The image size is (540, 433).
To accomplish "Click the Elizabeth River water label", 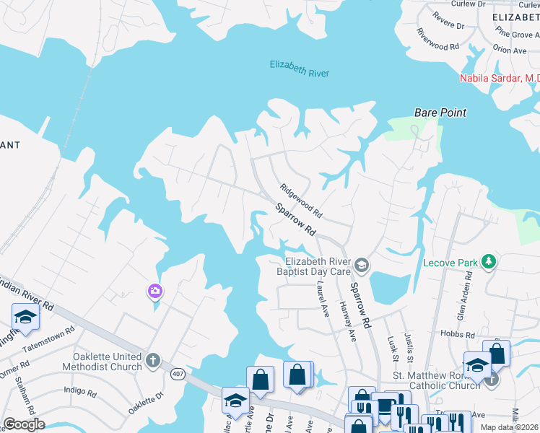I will (300, 69).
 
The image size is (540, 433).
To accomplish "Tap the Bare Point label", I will (440, 113).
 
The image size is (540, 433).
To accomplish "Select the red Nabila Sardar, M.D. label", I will (500, 78).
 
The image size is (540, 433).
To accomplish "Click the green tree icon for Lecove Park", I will (489, 262).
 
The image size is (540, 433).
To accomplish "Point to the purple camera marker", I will (155, 292).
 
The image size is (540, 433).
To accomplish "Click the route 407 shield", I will (177, 374).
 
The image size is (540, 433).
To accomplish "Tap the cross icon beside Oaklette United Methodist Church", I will (152, 359).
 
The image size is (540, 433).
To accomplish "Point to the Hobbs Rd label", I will (460, 335).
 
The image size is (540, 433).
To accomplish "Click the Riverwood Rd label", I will (437, 40).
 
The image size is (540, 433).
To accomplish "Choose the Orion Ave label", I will (509, 51).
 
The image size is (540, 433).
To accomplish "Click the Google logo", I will (24, 424).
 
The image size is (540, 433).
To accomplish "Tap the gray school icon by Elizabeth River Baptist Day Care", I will (362, 266).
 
